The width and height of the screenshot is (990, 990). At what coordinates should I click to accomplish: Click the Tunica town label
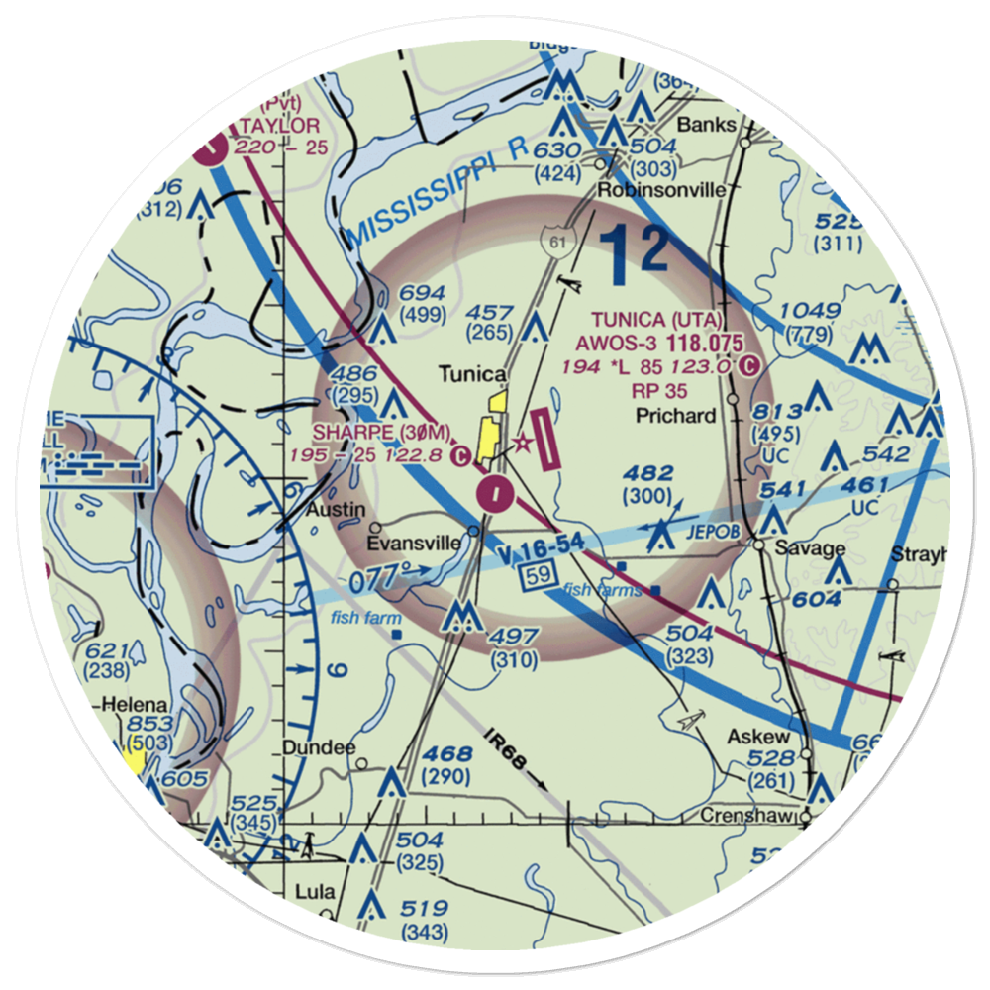tap(473, 375)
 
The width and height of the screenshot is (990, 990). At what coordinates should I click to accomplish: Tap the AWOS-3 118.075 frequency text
tap(662, 343)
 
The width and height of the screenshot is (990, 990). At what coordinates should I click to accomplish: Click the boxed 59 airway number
tap(536, 574)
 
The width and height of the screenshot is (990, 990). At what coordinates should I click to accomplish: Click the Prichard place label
tap(676, 415)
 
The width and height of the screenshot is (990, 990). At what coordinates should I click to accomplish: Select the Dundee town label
tap(318, 748)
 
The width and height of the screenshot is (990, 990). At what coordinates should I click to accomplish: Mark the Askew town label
tap(758, 737)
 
